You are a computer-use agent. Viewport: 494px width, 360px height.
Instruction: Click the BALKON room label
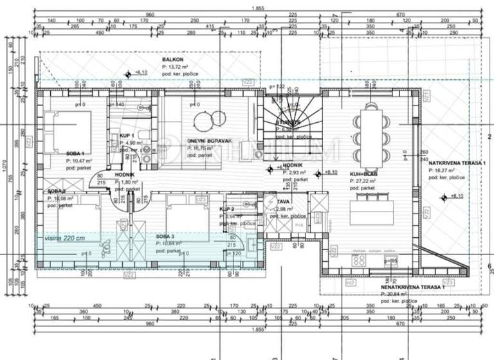click(174, 60)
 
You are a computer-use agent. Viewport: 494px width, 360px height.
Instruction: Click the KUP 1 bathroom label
click(127, 136)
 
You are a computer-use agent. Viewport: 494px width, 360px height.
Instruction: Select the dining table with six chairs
click(370, 131)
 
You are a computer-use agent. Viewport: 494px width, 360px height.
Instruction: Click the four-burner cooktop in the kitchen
click(359, 260)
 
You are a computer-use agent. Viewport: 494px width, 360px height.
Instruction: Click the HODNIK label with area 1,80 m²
click(125, 174)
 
